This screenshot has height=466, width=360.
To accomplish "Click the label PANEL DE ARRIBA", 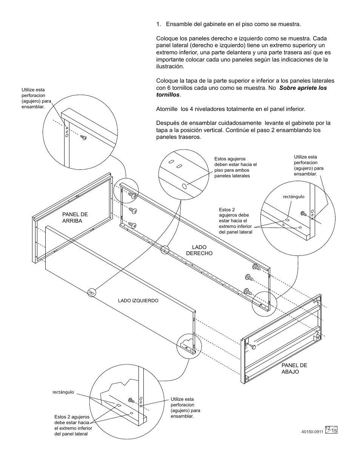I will pos(75,218).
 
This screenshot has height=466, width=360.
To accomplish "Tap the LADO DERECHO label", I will pos(199,250).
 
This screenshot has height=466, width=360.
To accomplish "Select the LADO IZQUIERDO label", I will pos(138,301).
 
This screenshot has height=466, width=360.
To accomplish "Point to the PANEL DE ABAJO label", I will pos(294,368).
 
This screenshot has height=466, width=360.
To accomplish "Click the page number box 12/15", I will pos(331,429).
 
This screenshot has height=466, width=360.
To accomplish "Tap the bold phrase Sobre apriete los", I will pos(303,88).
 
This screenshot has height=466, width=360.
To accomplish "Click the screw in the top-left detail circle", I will pos(84,138).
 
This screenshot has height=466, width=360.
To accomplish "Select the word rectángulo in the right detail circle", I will pos(294,197).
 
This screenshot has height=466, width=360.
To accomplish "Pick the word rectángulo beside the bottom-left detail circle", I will pos(63,392).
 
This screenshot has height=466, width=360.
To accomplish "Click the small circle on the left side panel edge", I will pos(92,292).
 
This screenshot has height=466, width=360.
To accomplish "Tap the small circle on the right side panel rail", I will pos(165,249).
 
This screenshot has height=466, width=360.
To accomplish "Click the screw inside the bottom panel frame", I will pos(252,346).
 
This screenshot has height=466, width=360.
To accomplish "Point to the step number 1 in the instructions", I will pos(158,24).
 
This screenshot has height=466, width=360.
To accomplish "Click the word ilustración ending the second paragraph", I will pos(170,66).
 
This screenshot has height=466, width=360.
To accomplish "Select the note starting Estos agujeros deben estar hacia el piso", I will pos(235,168).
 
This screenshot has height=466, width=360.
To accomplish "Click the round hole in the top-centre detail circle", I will pos(185,186).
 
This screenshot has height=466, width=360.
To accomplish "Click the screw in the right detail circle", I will pos(303,214).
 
